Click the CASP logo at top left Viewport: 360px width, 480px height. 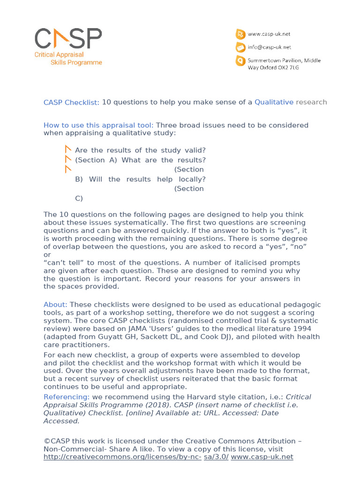pyautogui.click(x=68, y=38)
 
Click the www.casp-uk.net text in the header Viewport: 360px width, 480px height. pyautogui.click(x=269, y=34)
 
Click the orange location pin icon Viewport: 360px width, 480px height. pyautogui.click(x=240, y=61)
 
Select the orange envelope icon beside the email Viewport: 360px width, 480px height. pyautogui.click(x=240, y=47)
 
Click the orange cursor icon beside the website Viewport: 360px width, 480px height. pyautogui.click(x=240, y=34)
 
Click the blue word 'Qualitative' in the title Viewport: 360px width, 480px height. pyautogui.click(x=274, y=102)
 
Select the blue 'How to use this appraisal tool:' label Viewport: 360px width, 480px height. pyautogui.click(x=98, y=125)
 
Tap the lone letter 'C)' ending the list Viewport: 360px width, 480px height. pyautogui.click(x=79, y=198)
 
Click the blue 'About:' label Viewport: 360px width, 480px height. pyautogui.click(x=55, y=305)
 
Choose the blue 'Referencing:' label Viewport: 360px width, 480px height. pyautogui.click(x=66, y=397)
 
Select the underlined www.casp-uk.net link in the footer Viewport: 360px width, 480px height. pyautogui.click(x=262, y=457)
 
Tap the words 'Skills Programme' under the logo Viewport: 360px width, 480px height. pyautogui.click(x=76, y=63)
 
